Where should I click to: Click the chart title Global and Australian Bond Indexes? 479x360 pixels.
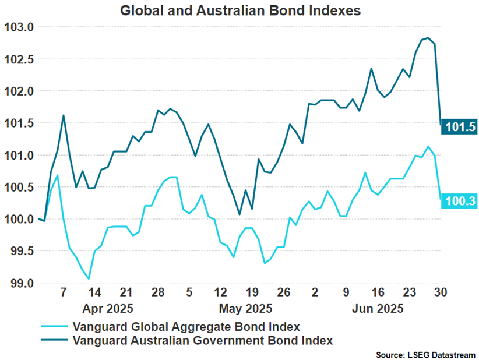point(240,10)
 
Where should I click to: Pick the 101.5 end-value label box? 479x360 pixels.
point(459,126)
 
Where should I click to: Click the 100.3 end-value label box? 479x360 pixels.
point(459,202)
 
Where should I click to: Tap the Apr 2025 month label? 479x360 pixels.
point(107,308)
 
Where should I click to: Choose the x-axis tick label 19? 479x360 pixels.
point(252,292)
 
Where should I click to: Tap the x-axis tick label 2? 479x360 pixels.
point(315,292)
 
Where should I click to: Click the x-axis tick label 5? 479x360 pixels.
point(189,292)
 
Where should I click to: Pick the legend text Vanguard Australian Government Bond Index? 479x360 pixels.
point(200,340)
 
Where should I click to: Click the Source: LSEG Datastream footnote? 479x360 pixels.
point(425,354)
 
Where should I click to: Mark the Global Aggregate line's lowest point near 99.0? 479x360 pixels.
point(89,279)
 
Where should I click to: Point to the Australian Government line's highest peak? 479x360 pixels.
point(428,38)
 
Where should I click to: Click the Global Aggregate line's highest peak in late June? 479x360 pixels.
point(428,146)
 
